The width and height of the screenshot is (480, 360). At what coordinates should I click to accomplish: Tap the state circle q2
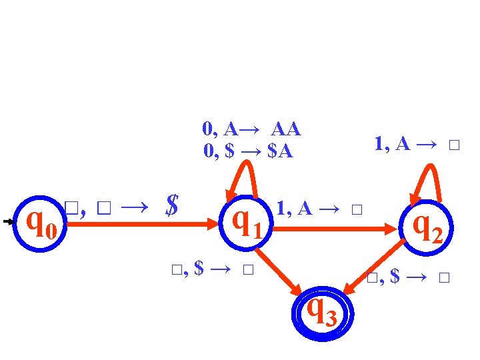click(x=427, y=226)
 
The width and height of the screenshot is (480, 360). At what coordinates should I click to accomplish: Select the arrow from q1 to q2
click(x=333, y=228)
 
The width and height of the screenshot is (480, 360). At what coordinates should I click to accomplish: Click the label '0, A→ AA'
click(x=251, y=128)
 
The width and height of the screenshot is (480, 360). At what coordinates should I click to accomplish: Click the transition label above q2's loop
click(x=417, y=144)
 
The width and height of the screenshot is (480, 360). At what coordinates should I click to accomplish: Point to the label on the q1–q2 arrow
click(x=319, y=209)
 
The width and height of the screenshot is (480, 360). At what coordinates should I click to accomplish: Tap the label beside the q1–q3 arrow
click(x=213, y=269)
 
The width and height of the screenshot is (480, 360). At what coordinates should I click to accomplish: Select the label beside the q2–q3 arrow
click(x=409, y=276)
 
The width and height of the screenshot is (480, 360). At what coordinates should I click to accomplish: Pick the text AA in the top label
click(x=285, y=128)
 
